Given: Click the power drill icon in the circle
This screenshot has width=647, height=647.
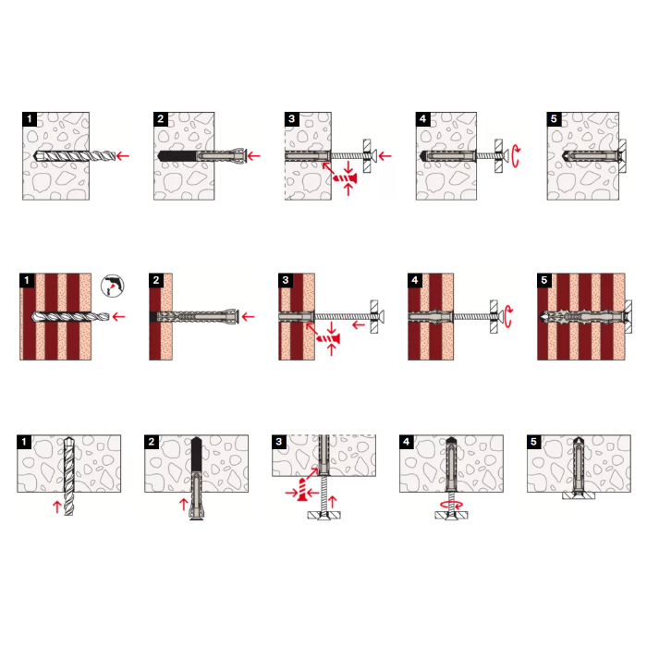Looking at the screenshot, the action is [112, 286].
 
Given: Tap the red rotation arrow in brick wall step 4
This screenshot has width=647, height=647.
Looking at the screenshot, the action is [508, 316].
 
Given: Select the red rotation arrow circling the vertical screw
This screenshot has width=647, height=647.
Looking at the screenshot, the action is [452, 505].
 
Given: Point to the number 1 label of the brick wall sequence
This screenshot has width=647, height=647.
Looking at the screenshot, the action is [27, 280].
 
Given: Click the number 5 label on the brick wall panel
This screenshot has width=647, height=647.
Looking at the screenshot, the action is [544, 280].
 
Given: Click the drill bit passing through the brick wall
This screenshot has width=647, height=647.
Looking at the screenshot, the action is [70, 317].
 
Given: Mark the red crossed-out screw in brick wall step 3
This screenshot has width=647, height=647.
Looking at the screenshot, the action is [328, 339].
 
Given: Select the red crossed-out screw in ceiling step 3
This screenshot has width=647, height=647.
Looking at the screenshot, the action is [302, 491].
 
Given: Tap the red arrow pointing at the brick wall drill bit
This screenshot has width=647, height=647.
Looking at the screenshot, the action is [119, 317].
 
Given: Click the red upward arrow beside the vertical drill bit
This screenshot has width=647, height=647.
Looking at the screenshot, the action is [57, 507].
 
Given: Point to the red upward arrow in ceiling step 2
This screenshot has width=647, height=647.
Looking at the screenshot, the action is [184, 505].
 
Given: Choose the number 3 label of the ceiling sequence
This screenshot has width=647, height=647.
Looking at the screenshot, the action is [279, 442].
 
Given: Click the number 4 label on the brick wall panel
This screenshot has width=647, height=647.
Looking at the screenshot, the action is [415, 280].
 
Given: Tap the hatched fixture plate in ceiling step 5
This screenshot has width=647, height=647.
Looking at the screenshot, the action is [579, 495].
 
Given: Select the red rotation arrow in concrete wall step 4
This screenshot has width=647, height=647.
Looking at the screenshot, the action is [516, 156].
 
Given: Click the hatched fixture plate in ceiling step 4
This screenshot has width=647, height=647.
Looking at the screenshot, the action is [451, 515].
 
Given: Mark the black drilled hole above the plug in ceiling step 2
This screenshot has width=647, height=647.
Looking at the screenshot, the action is [196, 454].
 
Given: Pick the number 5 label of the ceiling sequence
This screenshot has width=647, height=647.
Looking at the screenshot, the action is [534, 442].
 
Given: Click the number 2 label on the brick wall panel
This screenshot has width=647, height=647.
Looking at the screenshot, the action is [156, 280].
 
